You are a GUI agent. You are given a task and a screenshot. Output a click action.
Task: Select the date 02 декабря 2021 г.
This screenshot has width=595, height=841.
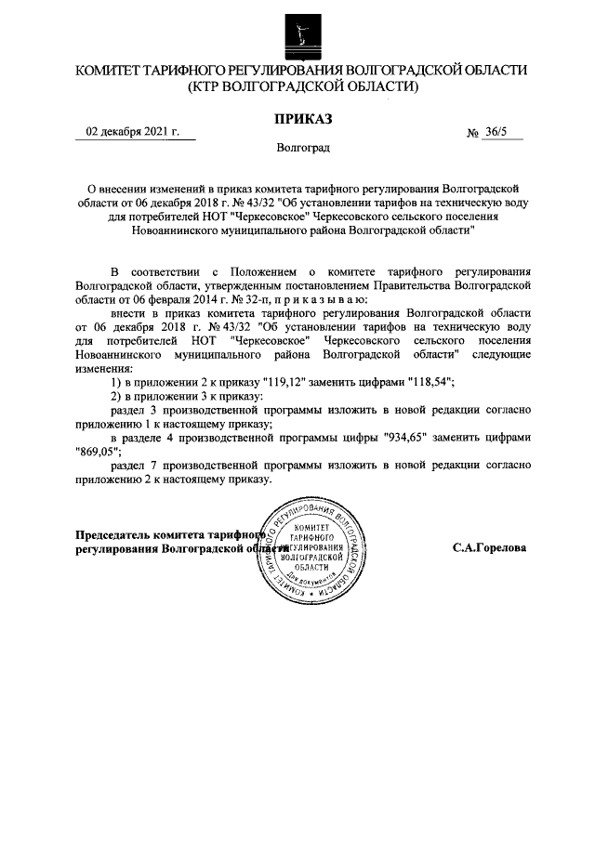pos(132,131)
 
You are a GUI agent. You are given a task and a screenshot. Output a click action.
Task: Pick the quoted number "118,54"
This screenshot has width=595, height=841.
pos(426,383)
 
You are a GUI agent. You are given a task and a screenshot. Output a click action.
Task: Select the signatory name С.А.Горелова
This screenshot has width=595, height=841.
pos(489,548)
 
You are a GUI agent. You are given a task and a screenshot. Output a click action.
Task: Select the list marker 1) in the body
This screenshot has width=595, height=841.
pos(117,383)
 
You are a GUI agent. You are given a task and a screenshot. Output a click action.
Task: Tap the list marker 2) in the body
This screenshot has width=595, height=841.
pos(117,397)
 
